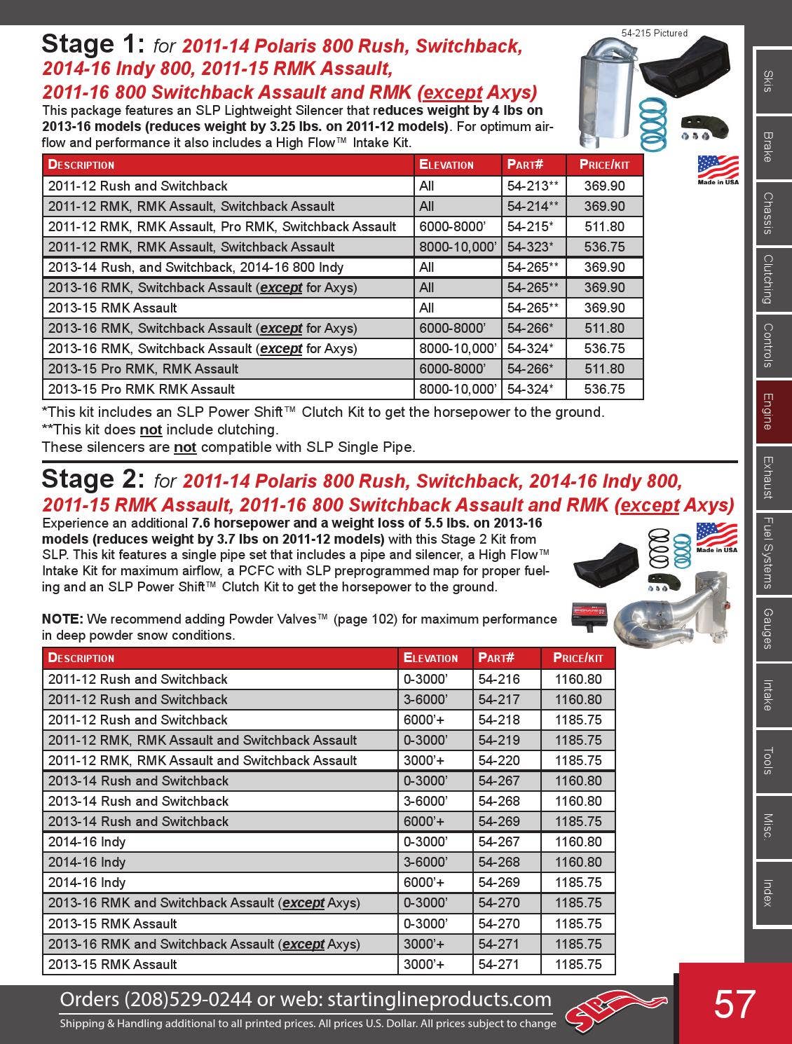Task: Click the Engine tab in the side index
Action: [768, 411]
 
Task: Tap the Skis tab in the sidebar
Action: [768, 82]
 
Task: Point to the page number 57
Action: [734, 1004]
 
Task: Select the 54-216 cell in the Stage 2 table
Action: [499, 679]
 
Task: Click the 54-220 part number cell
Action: [499, 760]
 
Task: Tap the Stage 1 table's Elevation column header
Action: [446, 165]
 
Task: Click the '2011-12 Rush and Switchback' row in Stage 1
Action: [138, 186]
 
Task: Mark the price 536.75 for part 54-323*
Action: [604, 247]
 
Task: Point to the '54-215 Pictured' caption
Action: [655, 33]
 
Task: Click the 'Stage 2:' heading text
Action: [93, 479]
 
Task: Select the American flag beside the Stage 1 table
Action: [718, 167]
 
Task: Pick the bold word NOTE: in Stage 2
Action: [63, 619]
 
